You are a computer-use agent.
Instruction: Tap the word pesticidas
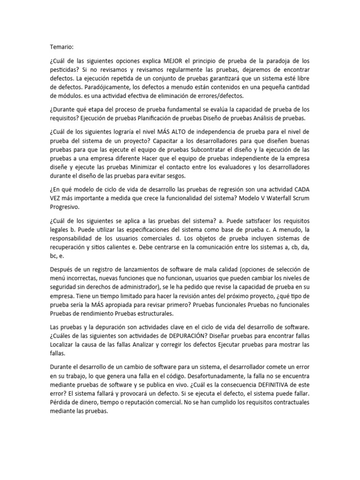click(x=65, y=71)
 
